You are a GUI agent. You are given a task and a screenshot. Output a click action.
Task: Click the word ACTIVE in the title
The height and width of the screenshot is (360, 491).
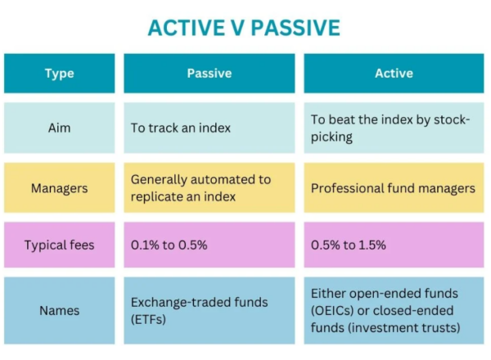(x=187, y=28)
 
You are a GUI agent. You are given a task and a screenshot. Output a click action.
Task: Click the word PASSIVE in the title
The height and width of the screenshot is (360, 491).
(x=295, y=28)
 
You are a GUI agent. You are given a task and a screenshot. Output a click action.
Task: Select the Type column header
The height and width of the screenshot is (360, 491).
(x=60, y=74)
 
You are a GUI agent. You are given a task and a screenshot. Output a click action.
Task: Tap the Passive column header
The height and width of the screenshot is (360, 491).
(x=209, y=74)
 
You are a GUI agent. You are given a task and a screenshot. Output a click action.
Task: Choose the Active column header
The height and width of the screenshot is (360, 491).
(x=394, y=74)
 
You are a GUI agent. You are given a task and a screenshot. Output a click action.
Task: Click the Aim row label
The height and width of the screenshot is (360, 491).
(x=60, y=128)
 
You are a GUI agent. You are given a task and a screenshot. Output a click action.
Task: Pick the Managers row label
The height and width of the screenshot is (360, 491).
(x=60, y=188)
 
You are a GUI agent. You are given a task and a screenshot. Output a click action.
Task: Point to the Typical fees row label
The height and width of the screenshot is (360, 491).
(x=60, y=245)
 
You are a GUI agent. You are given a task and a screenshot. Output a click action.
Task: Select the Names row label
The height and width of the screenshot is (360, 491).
(x=60, y=311)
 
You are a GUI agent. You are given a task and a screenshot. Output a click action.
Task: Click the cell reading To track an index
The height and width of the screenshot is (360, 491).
(x=181, y=128)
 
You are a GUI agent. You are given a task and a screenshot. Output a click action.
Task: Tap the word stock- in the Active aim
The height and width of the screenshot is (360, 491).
(x=452, y=119)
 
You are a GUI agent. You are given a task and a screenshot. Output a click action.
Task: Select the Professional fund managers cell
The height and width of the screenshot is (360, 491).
(x=393, y=188)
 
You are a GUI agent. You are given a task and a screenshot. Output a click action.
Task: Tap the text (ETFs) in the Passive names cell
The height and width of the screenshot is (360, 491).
(x=148, y=320)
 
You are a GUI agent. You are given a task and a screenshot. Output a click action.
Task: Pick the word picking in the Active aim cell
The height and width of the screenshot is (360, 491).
(x=331, y=137)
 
